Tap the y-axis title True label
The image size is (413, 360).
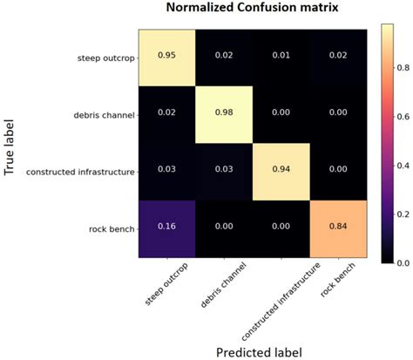coord(11,144)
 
